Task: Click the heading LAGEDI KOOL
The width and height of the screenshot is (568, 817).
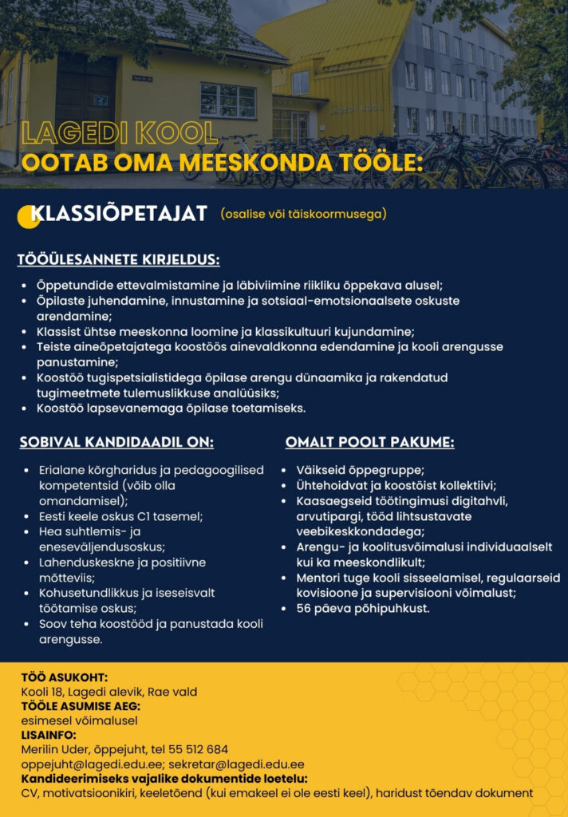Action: (120, 133)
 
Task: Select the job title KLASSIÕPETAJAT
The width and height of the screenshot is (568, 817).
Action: (119, 214)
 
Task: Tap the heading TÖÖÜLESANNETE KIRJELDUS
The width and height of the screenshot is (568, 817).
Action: (119, 259)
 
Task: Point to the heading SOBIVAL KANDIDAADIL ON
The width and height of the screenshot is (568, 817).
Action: (116, 442)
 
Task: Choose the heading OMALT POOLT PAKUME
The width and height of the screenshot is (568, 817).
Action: (370, 442)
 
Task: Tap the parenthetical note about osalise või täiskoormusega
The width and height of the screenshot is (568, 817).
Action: (304, 214)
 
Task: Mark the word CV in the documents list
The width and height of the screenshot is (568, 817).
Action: (29, 792)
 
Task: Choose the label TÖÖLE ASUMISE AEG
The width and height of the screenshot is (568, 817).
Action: (81, 706)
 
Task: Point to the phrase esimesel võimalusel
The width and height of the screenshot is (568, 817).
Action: (79, 720)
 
